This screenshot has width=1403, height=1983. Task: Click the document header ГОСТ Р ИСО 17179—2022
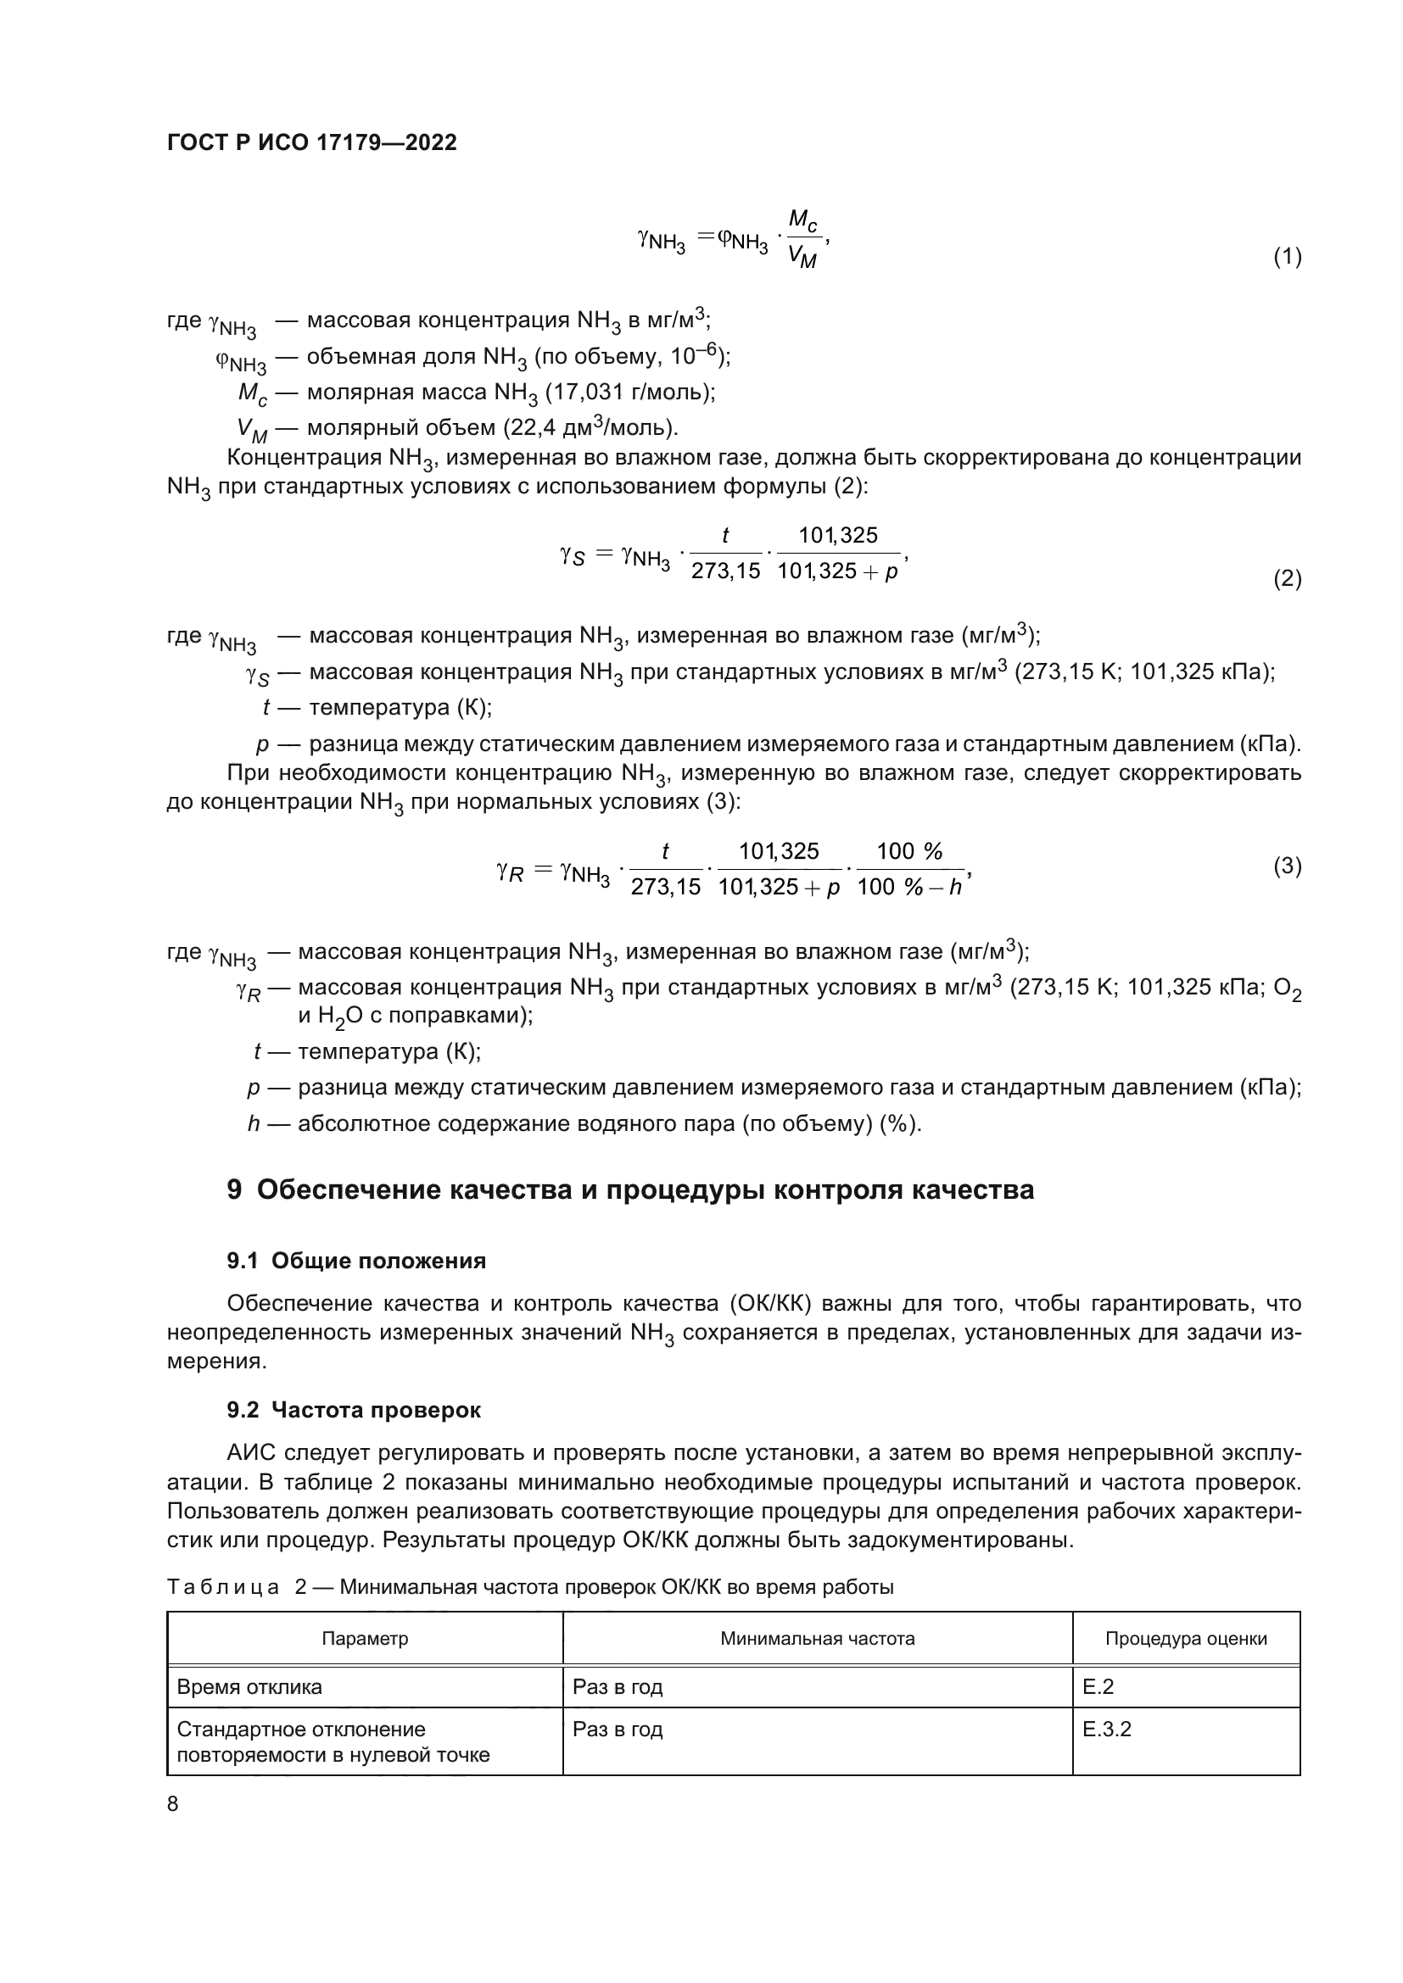[312, 142]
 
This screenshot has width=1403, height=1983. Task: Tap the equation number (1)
[1288, 257]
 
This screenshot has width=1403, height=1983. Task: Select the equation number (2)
[1288, 579]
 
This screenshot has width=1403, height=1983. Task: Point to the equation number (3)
[1288, 866]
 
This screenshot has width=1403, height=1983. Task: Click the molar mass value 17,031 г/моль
[628, 393]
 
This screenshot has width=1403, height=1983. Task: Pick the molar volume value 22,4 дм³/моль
[588, 427]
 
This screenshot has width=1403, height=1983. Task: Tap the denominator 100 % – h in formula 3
[908, 887]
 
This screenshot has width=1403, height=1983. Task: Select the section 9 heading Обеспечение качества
[629, 1189]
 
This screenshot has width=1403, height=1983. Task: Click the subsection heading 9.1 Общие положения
[356, 1261]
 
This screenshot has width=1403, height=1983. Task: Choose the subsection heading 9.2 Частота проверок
[354, 1411]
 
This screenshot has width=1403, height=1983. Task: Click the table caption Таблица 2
[529, 1587]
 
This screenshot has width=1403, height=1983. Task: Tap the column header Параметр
[365, 1639]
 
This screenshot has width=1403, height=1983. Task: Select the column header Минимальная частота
[817, 1639]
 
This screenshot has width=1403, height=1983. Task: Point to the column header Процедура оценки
[1185, 1639]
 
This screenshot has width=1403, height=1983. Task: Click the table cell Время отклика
[249, 1687]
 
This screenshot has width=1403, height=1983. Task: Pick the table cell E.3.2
[1107, 1729]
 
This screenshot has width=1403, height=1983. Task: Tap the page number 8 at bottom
[173, 1804]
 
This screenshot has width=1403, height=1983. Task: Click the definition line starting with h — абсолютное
[584, 1123]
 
